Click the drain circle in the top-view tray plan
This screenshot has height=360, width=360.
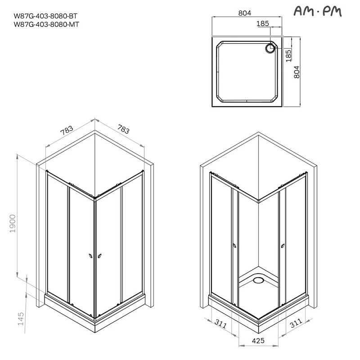[x=271, y=48]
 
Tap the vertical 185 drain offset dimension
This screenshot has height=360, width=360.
[x=288, y=55]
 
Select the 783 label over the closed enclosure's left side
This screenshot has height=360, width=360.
[x=66, y=130]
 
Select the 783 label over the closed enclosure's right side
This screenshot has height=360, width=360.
[x=123, y=130]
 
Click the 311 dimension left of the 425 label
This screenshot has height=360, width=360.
[x=220, y=324]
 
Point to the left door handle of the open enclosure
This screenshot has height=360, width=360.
[x=234, y=246]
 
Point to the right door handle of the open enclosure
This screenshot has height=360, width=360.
[x=282, y=245]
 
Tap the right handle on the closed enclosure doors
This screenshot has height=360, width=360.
[x=99, y=256]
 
